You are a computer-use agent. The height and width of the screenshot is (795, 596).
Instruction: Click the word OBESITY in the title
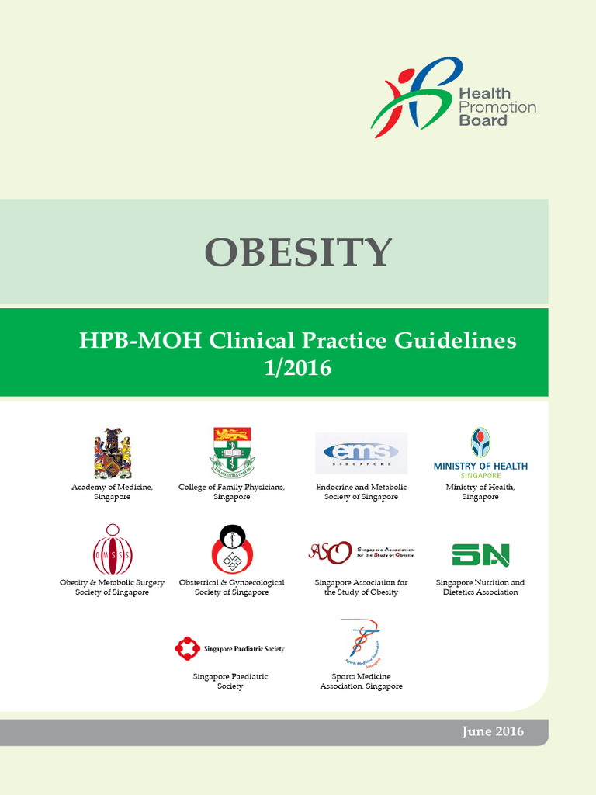[x=298, y=252]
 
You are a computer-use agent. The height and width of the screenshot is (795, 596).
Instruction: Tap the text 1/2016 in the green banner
[x=297, y=367]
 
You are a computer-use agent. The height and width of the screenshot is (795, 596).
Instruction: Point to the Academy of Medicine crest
[x=112, y=453]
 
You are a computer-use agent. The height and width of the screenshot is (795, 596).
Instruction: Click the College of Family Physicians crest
[x=231, y=451]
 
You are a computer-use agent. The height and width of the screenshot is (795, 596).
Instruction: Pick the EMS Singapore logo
[x=361, y=453]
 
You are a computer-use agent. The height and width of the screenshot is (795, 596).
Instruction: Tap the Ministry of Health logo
[x=480, y=450]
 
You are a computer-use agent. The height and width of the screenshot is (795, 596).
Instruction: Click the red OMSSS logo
[x=112, y=549]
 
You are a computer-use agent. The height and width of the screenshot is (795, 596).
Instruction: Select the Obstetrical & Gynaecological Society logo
[x=231, y=549]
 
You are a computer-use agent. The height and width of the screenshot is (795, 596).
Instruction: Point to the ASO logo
[x=361, y=551]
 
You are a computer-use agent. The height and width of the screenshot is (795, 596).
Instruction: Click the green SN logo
[x=480, y=554]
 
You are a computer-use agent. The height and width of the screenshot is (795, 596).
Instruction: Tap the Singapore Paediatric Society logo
[x=230, y=648]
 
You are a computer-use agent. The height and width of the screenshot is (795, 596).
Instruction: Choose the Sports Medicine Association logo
[x=362, y=644]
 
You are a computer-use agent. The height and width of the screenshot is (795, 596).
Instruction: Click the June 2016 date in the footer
[x=492, y=731]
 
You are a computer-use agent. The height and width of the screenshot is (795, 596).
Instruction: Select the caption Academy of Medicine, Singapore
[x=112, y=492]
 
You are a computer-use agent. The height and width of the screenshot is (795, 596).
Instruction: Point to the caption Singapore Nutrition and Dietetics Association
[x=480, y=587]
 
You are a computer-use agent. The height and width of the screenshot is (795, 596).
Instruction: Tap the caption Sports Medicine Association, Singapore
[x=362, y=681]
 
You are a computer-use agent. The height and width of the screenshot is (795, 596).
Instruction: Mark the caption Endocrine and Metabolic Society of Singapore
[x=361, y=492]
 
